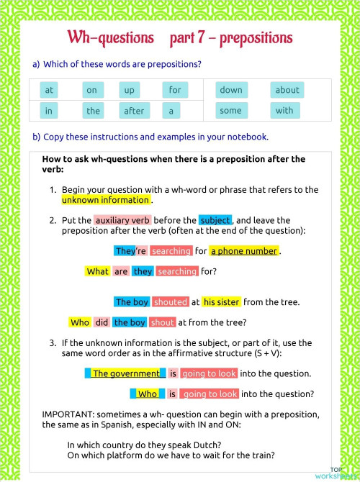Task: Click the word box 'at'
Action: [49, 90]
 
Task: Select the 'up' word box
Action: [130, 90]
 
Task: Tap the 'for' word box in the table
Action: [174, 90]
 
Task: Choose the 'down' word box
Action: [231, 90]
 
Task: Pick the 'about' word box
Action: [287, 90]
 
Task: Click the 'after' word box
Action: [134, 111]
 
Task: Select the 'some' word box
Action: [230, 111]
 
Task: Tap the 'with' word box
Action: [284, 111]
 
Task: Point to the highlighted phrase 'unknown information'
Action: [105, 200]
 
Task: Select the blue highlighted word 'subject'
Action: [215, 220]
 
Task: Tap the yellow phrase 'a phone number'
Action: [244, 251]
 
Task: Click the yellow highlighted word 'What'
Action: [97, 271]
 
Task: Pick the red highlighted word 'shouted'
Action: [171, 302]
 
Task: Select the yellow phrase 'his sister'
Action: [221, 302]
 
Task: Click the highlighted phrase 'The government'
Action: [126, 373]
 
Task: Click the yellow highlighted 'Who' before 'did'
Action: [80, 322]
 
